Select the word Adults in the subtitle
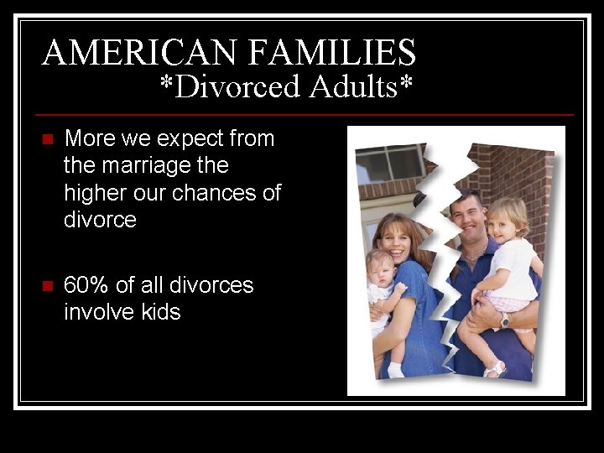(357, 86)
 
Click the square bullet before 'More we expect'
(47, 139)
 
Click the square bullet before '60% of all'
(47, 286)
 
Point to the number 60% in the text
(86, 285)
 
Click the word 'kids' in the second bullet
(159, 313)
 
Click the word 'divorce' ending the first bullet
(100, 220)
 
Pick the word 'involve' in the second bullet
(97, 313)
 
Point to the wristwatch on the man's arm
(504, 320)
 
